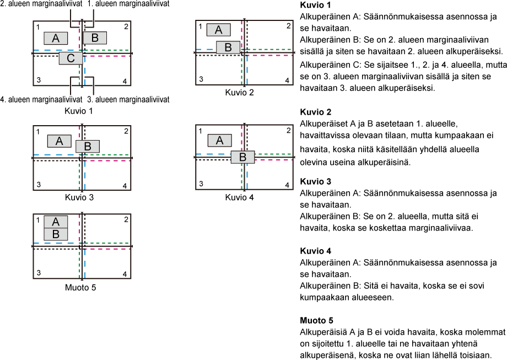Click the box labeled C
(x=71, y=58)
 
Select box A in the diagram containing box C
(x=56, y=38)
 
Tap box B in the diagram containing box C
(x=95, y=37)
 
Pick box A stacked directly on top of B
(x=56, y=222)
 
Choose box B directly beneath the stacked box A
(x=56, y=234)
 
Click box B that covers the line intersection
(x=242, y=157)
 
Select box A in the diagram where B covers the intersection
(x=219, y=140)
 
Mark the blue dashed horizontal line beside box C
(x=47, y=50)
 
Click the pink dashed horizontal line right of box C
(x=108, y=56)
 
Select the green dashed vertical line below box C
(x=79, y=74)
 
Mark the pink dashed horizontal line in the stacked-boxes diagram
(x=108, y=249)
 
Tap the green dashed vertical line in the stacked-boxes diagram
(x=79, y=265)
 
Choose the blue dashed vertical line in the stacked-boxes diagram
(x=85, y=265)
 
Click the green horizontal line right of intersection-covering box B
(x=273, y=154)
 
